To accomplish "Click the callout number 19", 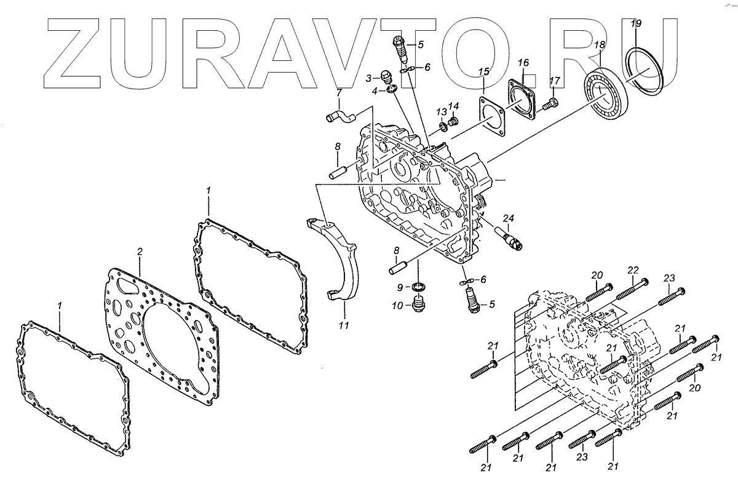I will [637, 23].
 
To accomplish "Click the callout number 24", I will [508, 218].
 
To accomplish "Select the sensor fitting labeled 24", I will [510, 237].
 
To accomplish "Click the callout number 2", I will [140, 252].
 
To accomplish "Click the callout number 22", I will [634, 271].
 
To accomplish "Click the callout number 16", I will [523, 63].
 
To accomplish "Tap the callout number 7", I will [338, 93].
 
